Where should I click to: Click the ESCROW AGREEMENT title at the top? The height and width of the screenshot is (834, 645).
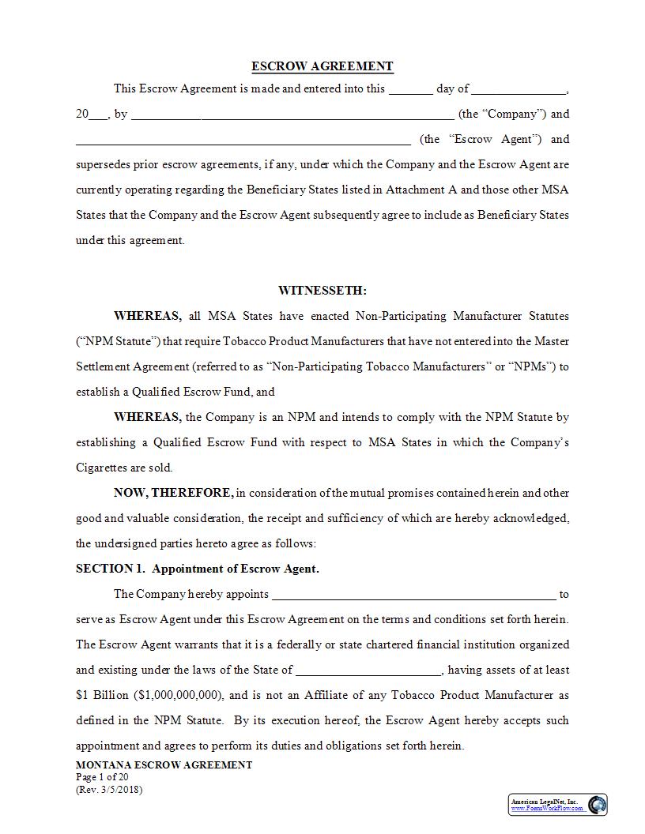click(322, 66)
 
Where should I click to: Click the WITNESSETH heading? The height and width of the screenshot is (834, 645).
click(322, 291)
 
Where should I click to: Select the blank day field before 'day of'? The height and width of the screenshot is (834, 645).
click(410, 89)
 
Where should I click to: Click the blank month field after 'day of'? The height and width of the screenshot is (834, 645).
click(519, 89)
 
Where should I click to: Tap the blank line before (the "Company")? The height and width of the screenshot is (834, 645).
click(292, 115)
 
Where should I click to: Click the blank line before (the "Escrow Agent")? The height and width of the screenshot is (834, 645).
click(243, 140)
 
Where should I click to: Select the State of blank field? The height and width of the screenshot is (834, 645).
click(368, 671)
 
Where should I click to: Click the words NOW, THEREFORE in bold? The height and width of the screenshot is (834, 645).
click(173, 493)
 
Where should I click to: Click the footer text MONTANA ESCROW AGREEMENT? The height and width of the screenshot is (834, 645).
click(164, 764)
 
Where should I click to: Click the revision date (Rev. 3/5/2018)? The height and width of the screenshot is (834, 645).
click(110, 789)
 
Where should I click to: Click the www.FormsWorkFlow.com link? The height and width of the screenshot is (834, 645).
click(544, 809)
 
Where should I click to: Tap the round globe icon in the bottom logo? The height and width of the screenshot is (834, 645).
click(597, 805)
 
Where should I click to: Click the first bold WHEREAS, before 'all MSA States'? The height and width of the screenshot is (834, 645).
click(148, 316)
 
